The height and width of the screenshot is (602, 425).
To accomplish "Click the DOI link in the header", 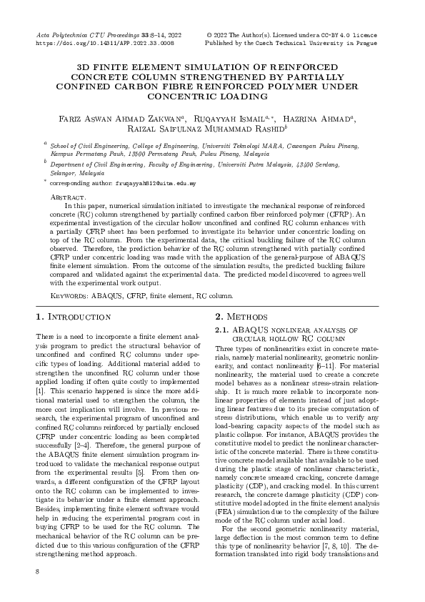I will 104,43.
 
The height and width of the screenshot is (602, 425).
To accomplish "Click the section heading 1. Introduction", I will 73,317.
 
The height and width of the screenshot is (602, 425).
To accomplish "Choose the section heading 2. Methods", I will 243,317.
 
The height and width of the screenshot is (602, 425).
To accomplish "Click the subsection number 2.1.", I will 222,330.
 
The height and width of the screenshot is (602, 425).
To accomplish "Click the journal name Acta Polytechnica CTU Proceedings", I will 91,35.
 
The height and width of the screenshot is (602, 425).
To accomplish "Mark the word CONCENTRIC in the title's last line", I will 212,96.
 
